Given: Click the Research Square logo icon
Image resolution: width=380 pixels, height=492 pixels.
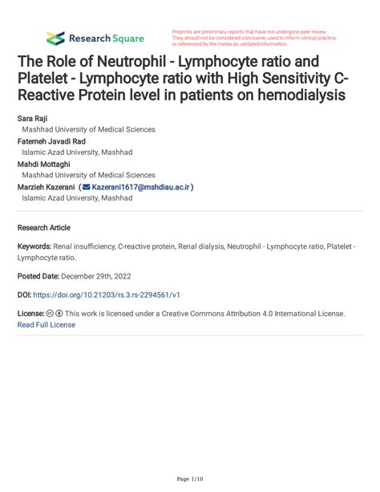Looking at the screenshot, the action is click(55, 38).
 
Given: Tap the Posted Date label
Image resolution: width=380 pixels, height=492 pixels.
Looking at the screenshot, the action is click(41, 275).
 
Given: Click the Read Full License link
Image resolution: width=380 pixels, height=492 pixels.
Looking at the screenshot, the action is click(46, 325).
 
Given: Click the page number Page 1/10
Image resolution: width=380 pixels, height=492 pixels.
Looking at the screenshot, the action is click(190, 479).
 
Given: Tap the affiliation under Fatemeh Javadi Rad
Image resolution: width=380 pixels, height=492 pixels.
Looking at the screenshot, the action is click(77, 152).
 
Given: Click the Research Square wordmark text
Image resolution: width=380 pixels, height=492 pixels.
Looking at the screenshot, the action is click(107, 38).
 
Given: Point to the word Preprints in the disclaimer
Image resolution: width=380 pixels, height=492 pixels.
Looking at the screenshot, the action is click(185, 30).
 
